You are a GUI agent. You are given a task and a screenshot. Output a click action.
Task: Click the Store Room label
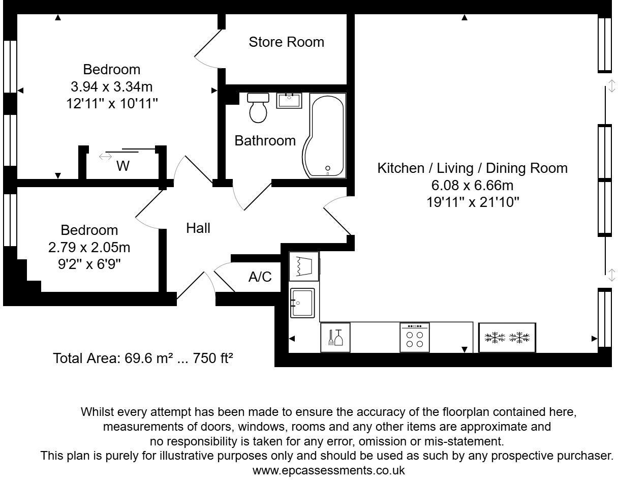287,42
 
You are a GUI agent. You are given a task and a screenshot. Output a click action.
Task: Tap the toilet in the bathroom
258,108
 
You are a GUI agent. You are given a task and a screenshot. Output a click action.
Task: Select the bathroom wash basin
289,101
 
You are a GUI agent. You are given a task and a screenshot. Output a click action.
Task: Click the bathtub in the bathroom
325,136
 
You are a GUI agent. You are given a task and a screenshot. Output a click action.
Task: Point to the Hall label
198,228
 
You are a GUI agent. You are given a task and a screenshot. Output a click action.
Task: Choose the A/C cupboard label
260,277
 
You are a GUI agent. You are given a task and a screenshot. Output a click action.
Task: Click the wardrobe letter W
123,166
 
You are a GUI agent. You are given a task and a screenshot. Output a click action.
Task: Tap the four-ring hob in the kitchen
414,338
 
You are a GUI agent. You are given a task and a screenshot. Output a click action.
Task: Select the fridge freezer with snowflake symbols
507,338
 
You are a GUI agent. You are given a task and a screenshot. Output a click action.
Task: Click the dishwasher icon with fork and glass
335,338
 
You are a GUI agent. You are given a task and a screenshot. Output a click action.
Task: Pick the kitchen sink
302,303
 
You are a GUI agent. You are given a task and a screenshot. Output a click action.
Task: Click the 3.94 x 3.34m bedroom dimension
111,86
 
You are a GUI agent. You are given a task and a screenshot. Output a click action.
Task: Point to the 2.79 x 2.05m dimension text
89,247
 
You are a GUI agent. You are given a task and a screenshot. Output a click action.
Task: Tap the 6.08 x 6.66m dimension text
472,186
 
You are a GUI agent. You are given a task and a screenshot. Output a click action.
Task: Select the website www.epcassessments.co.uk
328,470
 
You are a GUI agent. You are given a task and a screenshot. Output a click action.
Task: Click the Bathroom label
265,141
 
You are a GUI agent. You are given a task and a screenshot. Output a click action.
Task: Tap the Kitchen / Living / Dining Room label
472,168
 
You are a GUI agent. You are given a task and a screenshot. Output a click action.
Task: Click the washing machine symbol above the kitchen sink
304,266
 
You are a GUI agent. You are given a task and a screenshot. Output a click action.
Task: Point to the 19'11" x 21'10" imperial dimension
473,202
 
